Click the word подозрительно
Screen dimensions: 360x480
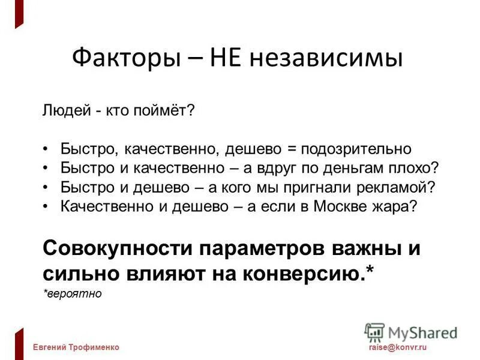pyautogui.click(x=356, y=149)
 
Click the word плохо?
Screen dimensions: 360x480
pyautogui.click(x=416, y=167)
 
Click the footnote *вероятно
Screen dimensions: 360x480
pyautogui.click(x=73, y=294)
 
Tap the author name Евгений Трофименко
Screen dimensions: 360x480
pyautogui.click(x=76, y=347)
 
